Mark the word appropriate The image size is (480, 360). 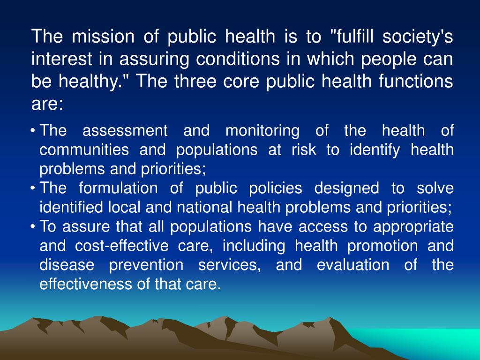pyautogui.click(x=413, y=227)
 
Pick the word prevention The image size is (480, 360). pyautogui.click(x=146, y=265)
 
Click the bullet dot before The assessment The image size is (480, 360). pyautogui.click(x=34, y=131)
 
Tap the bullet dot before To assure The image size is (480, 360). pyautogui.click(x=34, y=227)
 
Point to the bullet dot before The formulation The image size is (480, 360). pyautogui.click(x=34, y=188)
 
